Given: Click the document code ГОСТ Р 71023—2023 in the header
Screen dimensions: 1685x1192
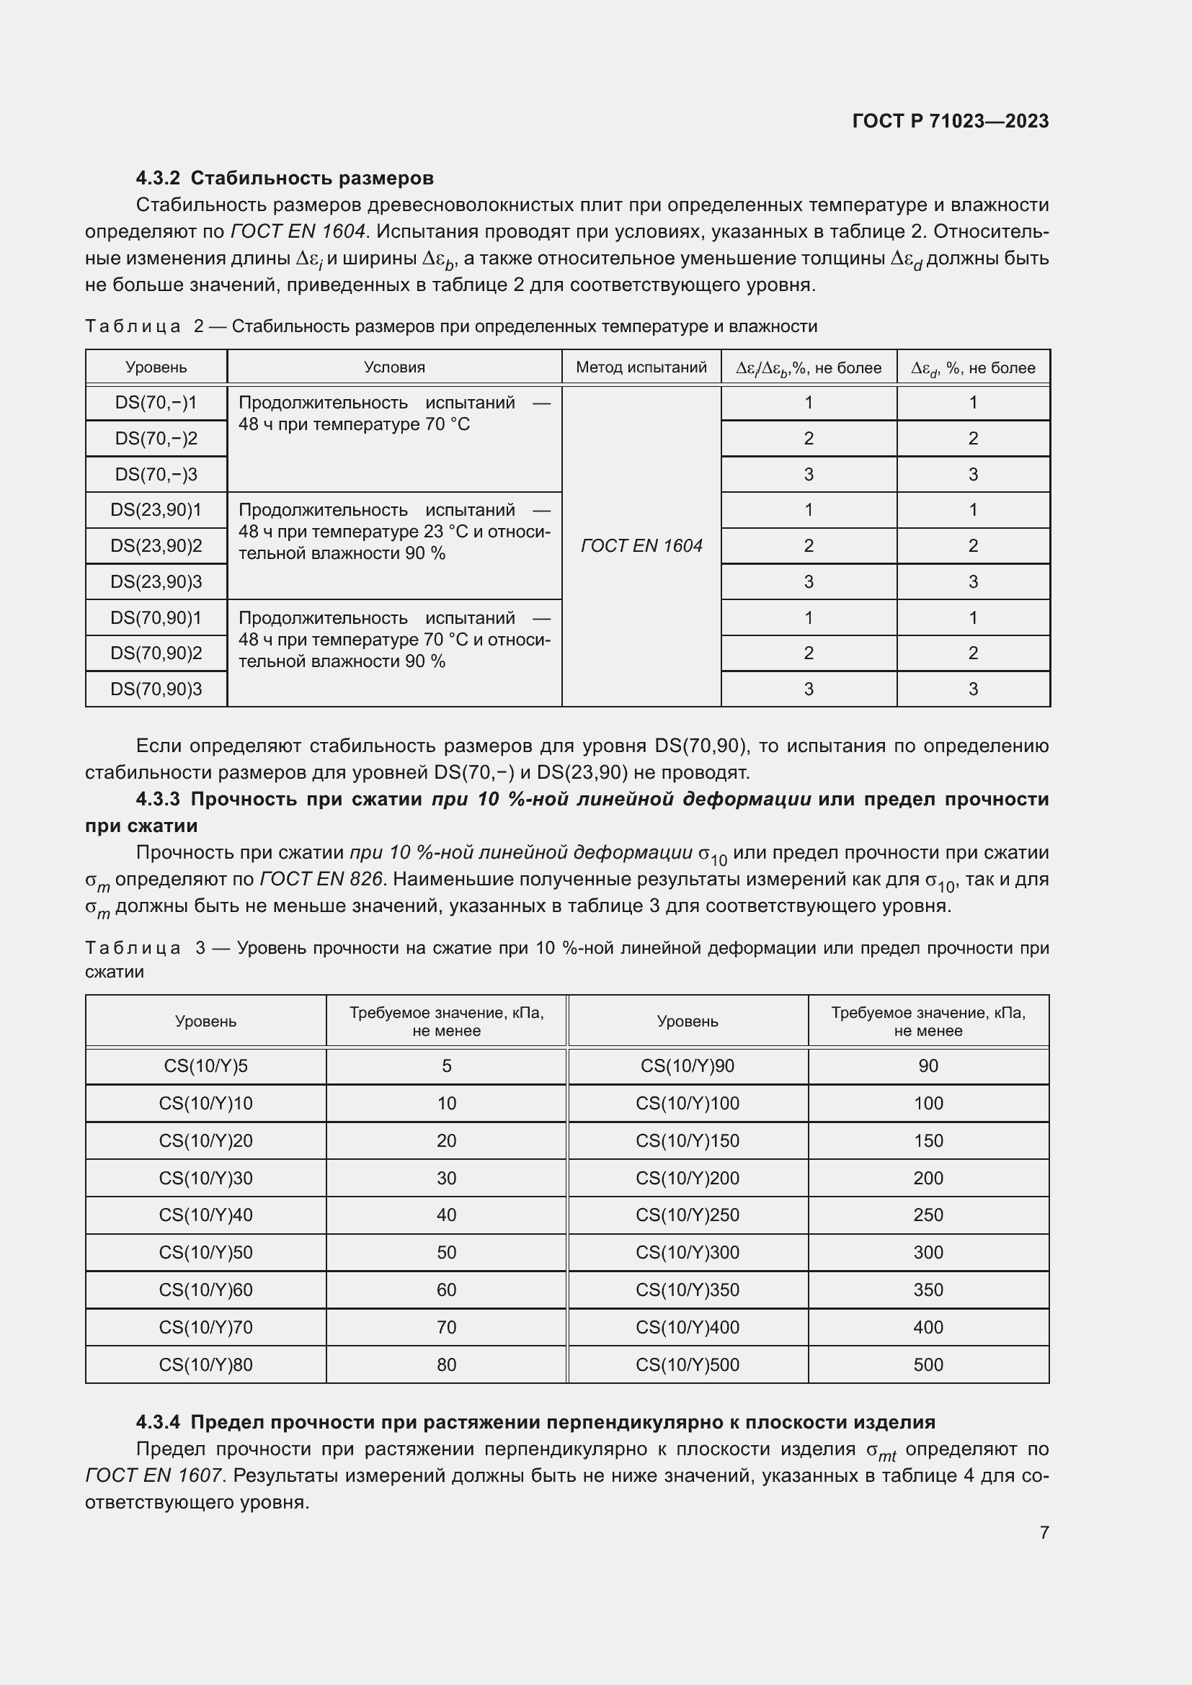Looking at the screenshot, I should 951,121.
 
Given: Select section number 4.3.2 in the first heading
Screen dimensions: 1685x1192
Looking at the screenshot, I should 158,179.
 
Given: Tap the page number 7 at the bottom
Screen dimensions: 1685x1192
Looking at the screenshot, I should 1044,1532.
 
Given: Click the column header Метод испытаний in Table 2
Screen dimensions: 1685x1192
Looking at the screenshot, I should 641,367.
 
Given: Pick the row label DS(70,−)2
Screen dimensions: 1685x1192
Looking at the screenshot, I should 156,438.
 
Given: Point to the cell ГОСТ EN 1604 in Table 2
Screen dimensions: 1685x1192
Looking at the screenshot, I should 641,545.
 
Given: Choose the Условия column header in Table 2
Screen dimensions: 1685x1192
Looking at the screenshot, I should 394,367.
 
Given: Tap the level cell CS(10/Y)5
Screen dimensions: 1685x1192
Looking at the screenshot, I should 205,1066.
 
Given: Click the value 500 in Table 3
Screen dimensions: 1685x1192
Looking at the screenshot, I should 928,1364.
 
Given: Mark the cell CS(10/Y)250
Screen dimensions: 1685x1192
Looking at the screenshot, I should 687,1215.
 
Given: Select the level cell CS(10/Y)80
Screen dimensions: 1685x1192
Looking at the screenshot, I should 205,1364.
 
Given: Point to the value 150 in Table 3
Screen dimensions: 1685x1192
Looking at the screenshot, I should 928,1140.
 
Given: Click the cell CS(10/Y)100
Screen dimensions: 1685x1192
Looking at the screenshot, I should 687,1103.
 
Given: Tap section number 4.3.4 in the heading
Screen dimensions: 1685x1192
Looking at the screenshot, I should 158,1422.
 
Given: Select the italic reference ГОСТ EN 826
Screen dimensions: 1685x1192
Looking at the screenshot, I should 321,879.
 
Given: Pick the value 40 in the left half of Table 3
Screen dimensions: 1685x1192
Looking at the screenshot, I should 446,1215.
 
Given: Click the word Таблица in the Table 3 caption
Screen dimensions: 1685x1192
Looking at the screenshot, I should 133,948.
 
